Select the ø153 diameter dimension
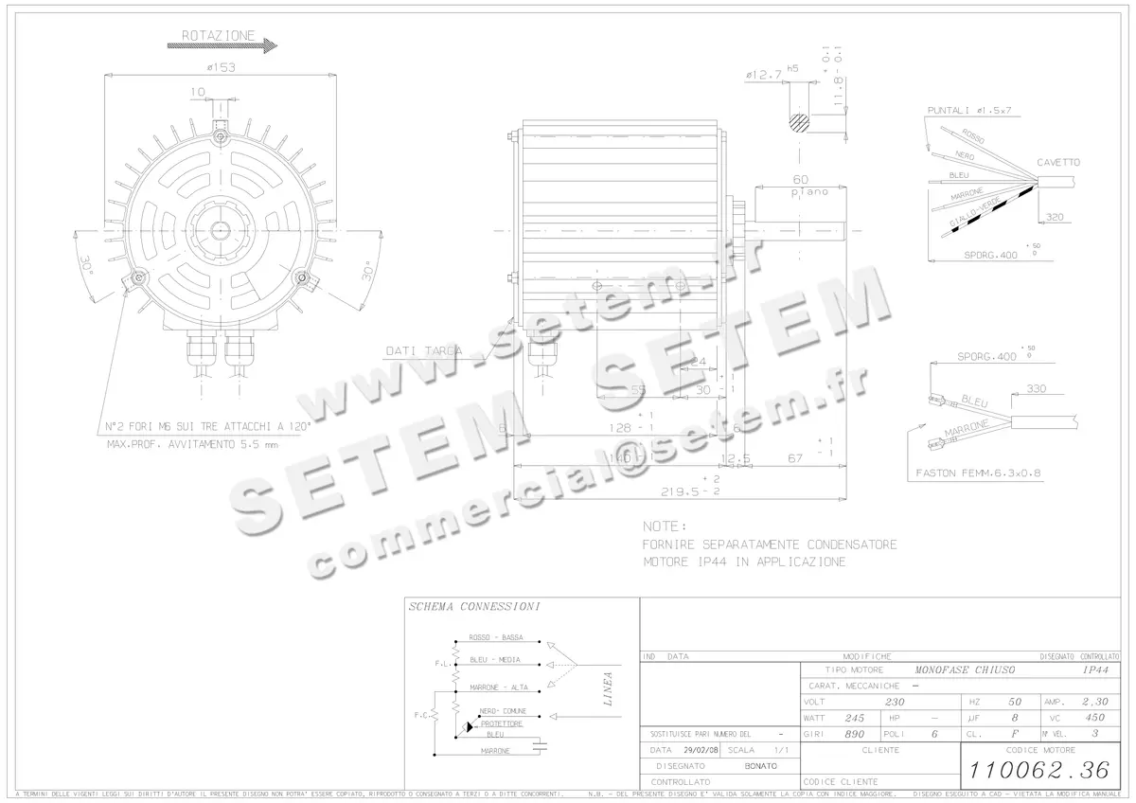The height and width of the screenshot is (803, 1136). pos(221,67)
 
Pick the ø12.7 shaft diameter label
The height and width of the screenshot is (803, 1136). pos(763,74)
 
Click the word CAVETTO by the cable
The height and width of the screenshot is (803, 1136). pos(1057,162)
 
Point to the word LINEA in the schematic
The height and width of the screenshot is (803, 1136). pos(609,689)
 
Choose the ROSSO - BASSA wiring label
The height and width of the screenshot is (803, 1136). pos(495,637)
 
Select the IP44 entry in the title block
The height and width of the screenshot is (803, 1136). pos(1095,669)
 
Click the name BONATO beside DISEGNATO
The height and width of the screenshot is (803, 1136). pos(760,765)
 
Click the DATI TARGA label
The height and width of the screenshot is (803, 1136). pos(424,350)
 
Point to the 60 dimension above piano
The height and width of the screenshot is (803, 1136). pos(801,179)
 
